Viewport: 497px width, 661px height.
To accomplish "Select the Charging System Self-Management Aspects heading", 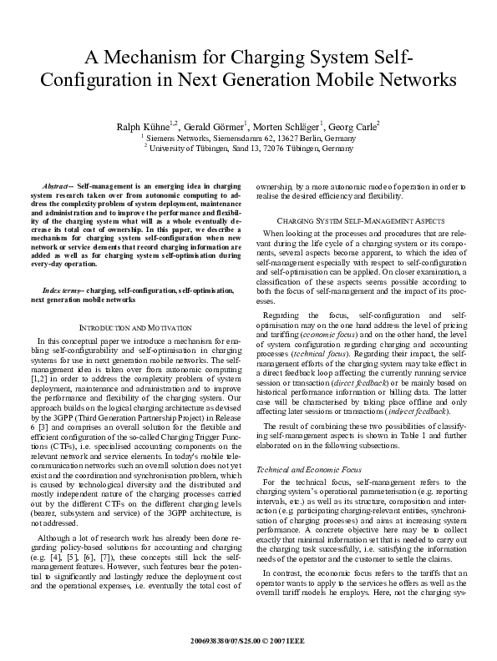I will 359,219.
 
